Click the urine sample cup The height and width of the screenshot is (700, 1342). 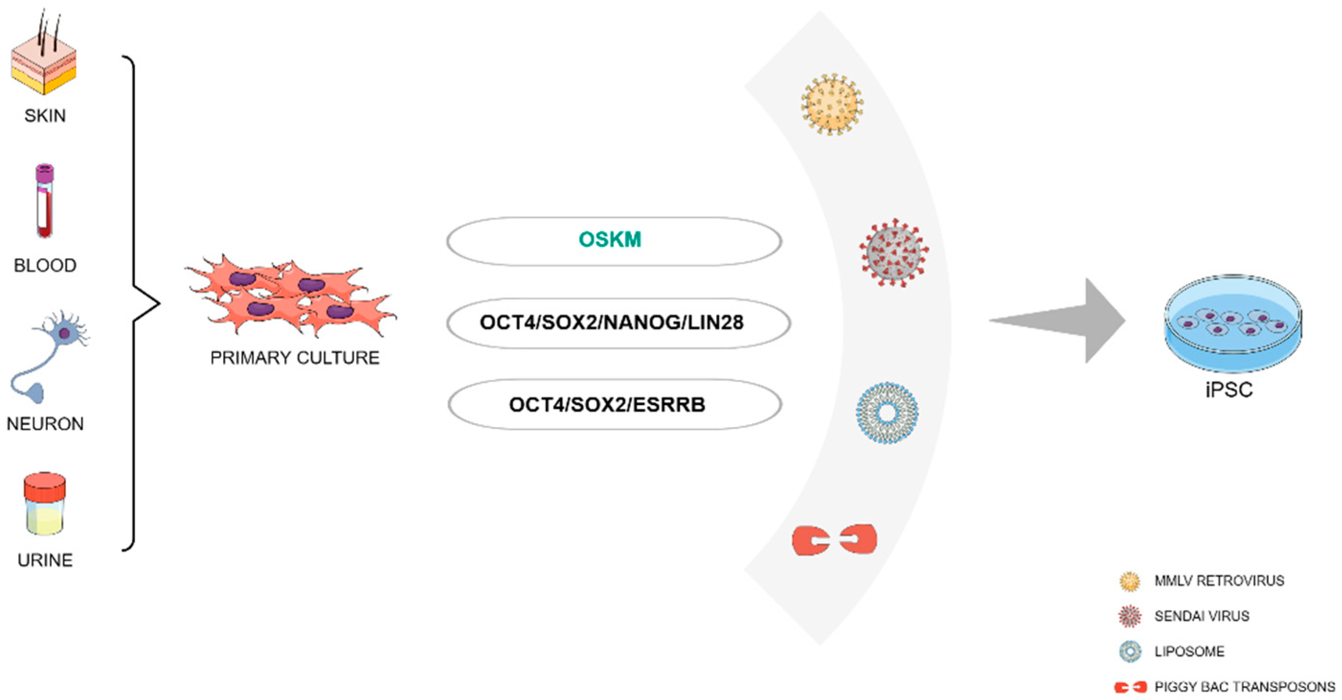(x=45, y=505)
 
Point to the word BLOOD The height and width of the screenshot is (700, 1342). (x=45, y=266)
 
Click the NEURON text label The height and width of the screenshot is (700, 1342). (x=45, y=424)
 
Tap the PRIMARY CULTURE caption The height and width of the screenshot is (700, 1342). (x=295, y=358)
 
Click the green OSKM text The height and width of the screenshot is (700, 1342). (x=610, y=240)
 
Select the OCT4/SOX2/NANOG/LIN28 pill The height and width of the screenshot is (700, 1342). (x=618, y=323)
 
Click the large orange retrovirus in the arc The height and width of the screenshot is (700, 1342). (x=831, y=105)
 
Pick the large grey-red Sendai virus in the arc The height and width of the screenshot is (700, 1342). (x=894, y=253)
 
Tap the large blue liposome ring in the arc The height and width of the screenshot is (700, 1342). (x=887, y=413)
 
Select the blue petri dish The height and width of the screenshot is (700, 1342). (x=1232, y=323)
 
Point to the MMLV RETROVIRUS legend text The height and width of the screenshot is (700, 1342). (x=1219, y=581)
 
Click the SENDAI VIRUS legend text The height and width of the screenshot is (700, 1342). (x=1202, y=616)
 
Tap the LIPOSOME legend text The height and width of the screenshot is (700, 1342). (x=1189, y=652)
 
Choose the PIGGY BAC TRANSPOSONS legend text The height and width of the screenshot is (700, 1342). (x=1244, y=687)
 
